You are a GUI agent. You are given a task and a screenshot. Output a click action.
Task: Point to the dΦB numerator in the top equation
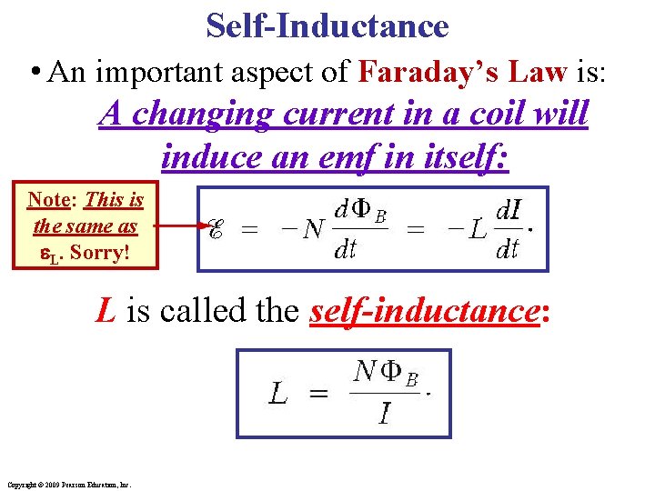360,213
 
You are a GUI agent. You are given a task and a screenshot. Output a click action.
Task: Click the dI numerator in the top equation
507,212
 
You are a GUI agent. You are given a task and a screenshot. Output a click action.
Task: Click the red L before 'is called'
106,313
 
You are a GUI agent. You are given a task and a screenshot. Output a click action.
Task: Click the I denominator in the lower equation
384,416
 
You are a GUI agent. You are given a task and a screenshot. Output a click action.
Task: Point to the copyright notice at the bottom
68,484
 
